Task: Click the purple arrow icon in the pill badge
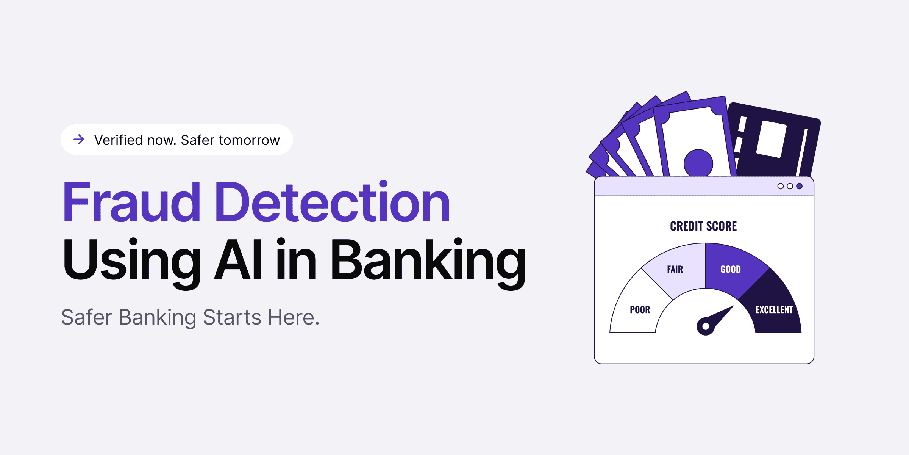(x=79, y=140)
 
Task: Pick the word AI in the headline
(x=238, y=260)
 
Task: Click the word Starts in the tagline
(x=232, y=317)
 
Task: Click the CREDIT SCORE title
(x=703, y=226)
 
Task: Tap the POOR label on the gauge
(x=640, y=310)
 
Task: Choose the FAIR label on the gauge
(x=675, y=269)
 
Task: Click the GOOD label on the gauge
(x=731, y=269)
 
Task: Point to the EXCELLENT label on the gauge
(x=774, y=310)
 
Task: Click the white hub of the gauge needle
(x=706, y=326)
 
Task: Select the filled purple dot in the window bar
(x=799, y=186)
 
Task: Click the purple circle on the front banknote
(x=698, y=163)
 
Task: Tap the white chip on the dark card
(x=772, y=139)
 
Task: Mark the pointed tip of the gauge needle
(x=734, y=306)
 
